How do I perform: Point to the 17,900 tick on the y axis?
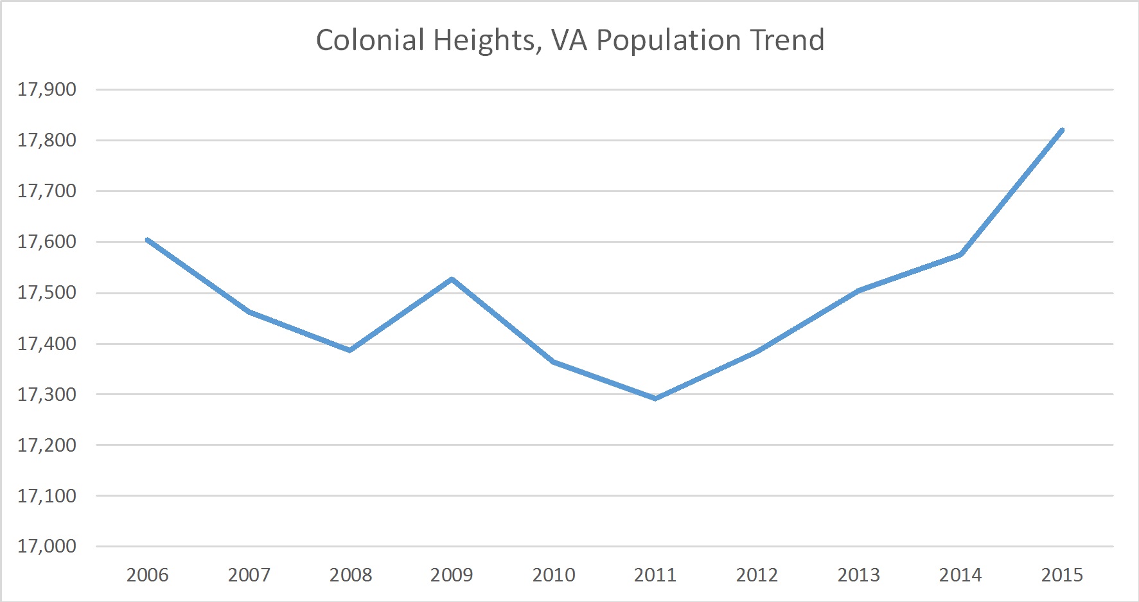[x=47, y=89]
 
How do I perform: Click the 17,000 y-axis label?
[x=47, y=546]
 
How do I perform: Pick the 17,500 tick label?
[x=47, y=292]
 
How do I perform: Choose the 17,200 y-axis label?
[x=47, y=445]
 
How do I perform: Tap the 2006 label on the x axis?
[x=147, y=574]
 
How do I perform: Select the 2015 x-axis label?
[x=1062, y=574]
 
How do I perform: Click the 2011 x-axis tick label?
[x=655, y=574]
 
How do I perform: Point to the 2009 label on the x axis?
[x=452, y=574]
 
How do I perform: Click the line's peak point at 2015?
[x=1062, y=130]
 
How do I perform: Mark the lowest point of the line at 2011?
[x=655, y=398]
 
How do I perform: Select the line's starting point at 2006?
[x=148, y=240]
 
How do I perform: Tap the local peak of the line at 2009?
[x=452, y=279]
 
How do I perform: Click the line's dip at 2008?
[x=350, y=350]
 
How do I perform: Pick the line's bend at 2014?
[x=960, y=254]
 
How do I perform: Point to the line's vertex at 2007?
[x=249, y=312]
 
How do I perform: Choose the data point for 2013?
[x=859, y=290]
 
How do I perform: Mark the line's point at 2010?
[x=554, y=362]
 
